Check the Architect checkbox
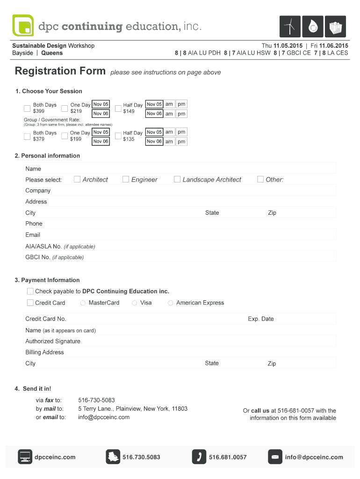point(77,179)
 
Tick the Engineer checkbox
point(126,179)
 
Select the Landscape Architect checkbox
point(177,179)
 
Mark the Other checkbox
point(260,179)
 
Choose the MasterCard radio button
point(83,303)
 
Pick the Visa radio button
point(135,303)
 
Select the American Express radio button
point(171,303)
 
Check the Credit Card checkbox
point(30,303)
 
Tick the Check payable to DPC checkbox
point(30,291)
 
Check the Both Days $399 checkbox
point(27,109)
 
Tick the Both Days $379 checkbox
point(27,137)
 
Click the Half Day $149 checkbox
point(118,109)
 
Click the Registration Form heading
point(60,71)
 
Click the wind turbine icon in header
point(290,26)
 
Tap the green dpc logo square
point(23,26)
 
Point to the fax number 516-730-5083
point(96,400)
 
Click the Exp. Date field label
point(261,319)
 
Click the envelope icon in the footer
point(275,457)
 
